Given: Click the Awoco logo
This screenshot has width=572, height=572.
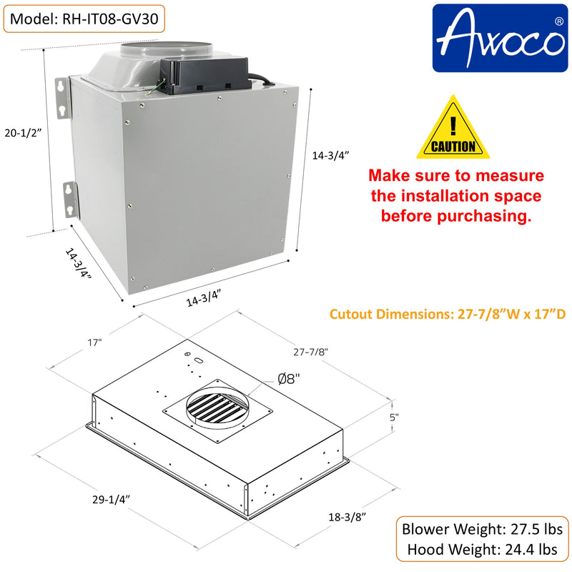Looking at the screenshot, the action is [500, 38].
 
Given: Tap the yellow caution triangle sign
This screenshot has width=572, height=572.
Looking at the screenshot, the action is [453, 127].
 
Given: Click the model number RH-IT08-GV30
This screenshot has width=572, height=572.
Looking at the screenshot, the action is [110, 19].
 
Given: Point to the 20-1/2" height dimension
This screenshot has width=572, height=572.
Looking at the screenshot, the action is [23, 133].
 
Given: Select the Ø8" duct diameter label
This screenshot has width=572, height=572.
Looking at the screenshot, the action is [289, 379].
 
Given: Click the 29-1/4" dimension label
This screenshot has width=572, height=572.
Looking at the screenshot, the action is [111, 499].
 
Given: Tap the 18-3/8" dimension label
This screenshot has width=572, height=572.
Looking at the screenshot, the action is [347, 517].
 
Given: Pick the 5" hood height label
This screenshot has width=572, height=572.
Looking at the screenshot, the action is [394, 417].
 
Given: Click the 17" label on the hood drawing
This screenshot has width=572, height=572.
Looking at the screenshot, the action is [94, 342].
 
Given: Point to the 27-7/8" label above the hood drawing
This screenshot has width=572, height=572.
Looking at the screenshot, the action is [310, 352].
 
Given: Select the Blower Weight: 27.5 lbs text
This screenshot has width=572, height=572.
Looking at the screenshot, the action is [482, 529].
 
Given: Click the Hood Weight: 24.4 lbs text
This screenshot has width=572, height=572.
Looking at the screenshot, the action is [482, 549].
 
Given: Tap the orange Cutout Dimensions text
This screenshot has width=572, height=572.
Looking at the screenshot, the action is [448, 314].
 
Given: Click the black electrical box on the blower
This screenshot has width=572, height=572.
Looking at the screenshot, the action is [205, 76].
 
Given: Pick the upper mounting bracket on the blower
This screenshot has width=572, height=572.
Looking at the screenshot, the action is [62, 98].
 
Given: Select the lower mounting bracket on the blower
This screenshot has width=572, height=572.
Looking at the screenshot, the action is [71, 200].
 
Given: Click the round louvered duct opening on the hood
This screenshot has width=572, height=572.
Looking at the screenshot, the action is [218, 408].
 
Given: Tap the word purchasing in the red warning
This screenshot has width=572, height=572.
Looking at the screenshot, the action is [484, 216].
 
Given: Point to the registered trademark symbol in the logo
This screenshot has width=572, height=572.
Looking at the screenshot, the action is [558, 21].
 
